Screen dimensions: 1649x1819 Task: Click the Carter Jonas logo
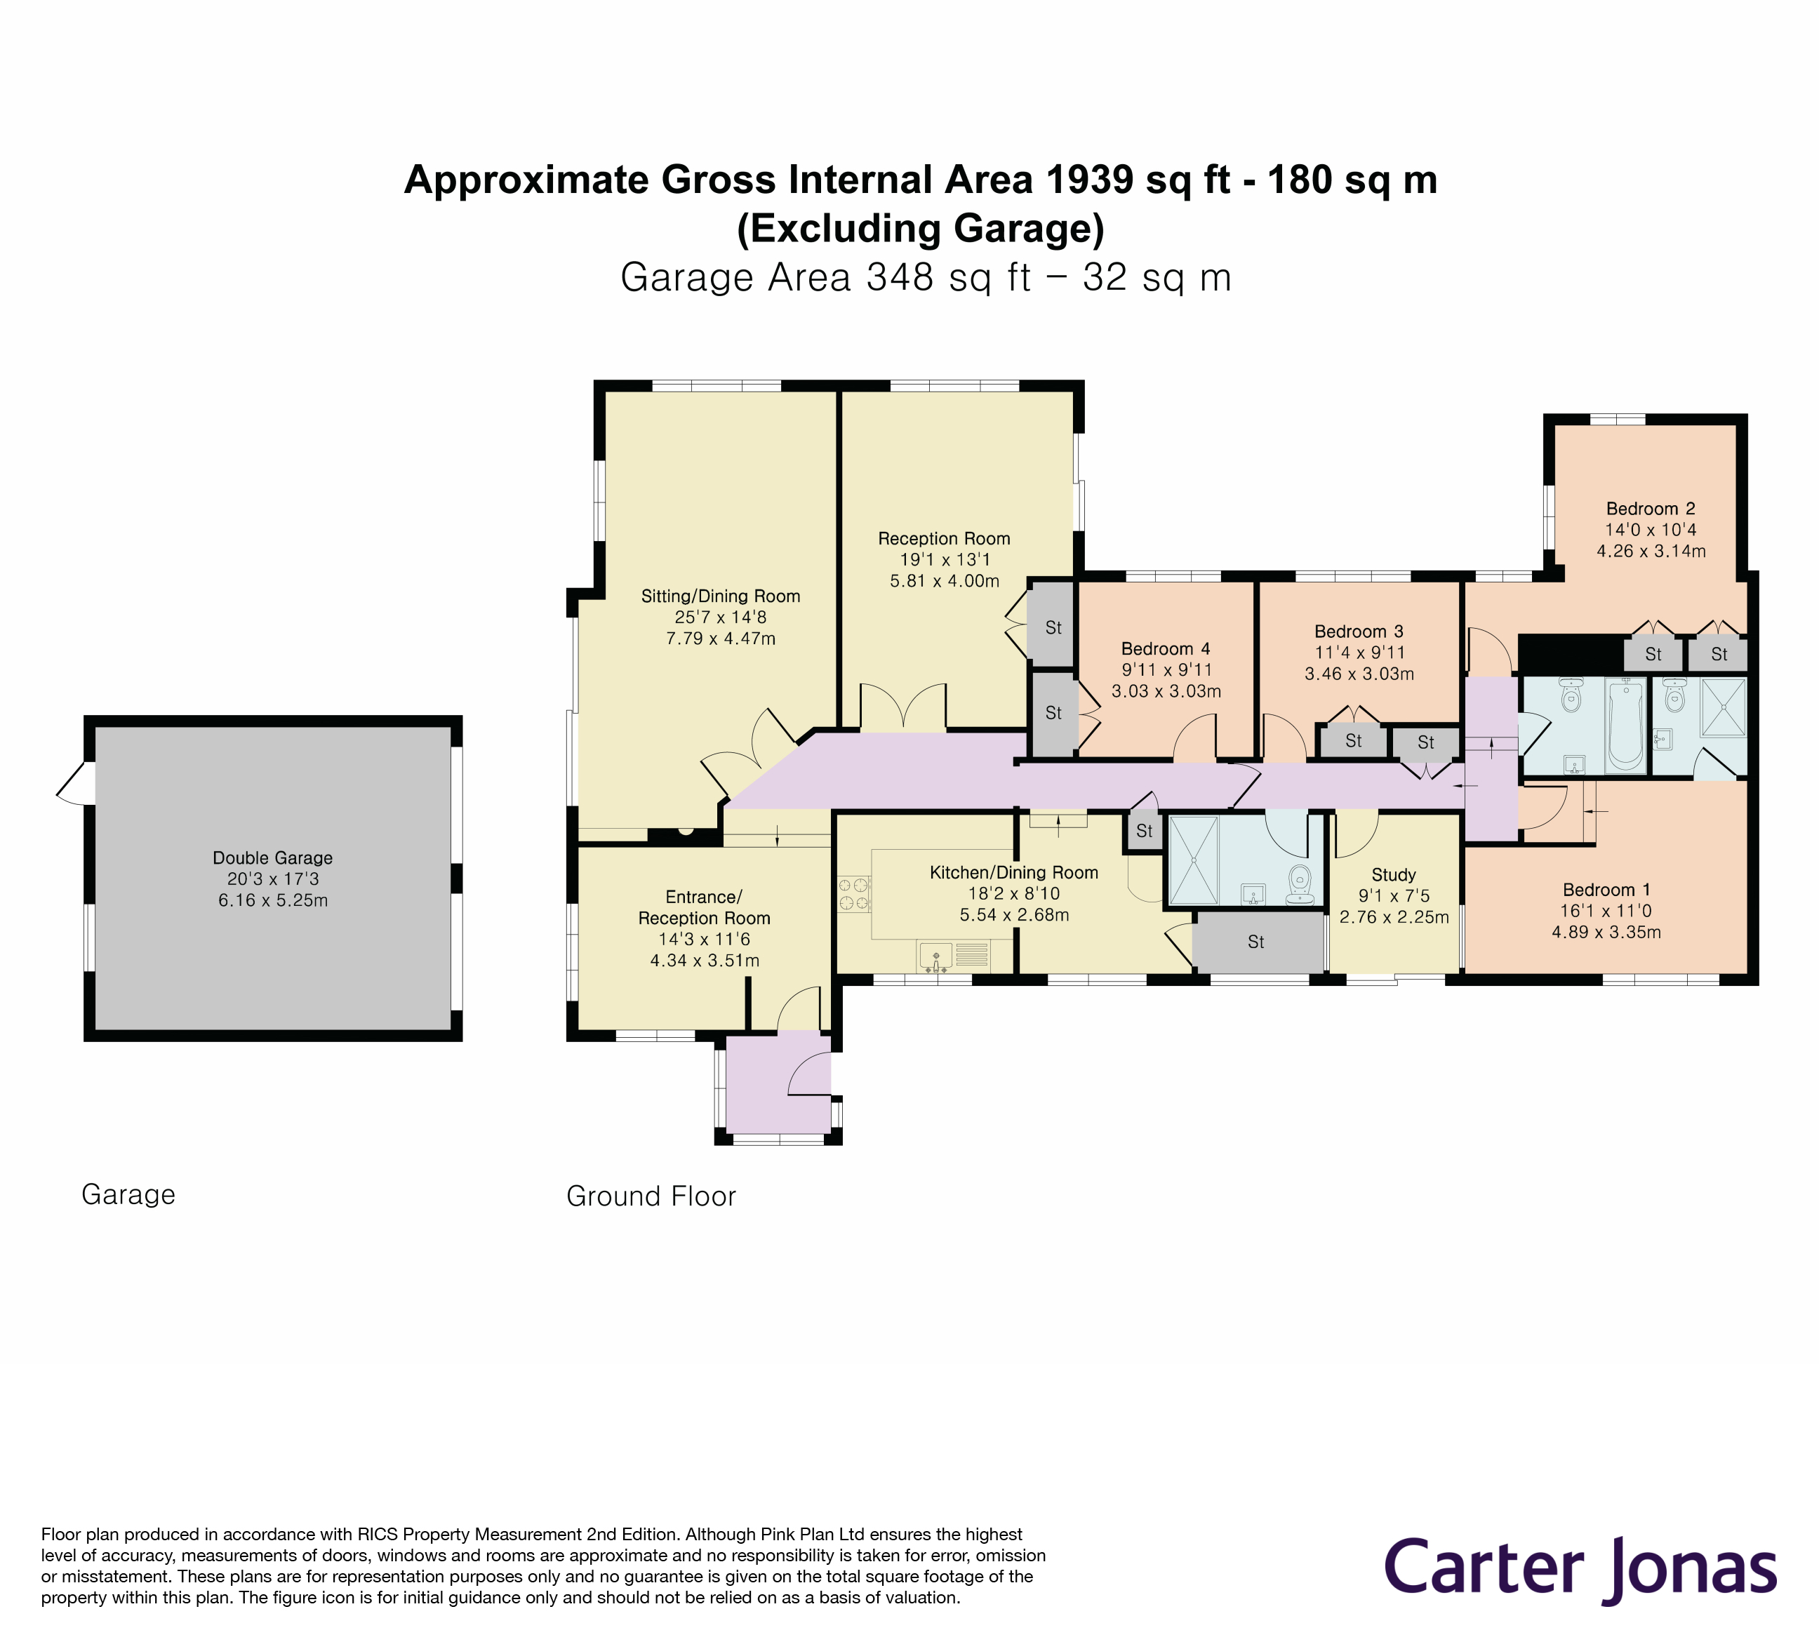click(x=1580, y=1569)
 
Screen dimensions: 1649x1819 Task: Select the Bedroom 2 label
click(x=1651, y=509)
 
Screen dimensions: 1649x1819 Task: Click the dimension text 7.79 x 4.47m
click(x=720, y=639)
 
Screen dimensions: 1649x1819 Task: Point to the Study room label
click(x=1393, y=874)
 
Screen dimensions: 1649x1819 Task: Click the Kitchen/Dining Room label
click(x=1013, y=872)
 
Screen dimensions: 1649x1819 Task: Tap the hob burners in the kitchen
click(x=853, y=893)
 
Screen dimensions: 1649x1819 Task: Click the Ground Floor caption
click(x=651, y=1196)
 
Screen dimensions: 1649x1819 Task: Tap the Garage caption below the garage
click(x=128, y=1194)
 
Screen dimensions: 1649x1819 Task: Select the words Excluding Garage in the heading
click(x=920, y=228)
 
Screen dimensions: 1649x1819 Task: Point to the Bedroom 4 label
click(x=1165, y=648)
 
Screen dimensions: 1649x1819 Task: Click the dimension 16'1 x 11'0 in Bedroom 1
click(x=1606, y=911)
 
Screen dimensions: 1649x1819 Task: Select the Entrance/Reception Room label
click(x=704, y=907)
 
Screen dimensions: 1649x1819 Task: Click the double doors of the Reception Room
click(x=903, y=708)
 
